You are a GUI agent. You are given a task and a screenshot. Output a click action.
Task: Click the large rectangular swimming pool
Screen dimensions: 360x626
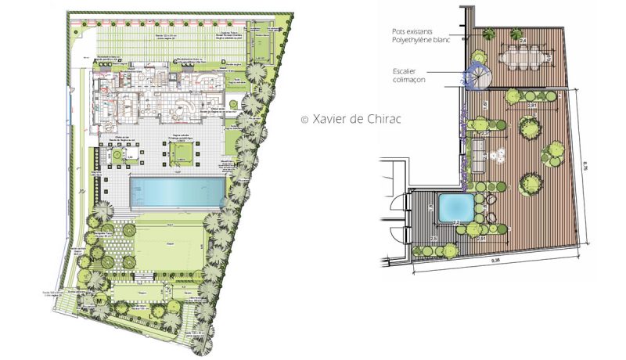(x=176, y=190)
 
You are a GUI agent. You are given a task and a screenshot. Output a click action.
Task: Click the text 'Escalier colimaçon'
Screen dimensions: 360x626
(x=411, y=74)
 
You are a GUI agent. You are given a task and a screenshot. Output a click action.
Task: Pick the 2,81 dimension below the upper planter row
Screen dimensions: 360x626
(x=531, y=104)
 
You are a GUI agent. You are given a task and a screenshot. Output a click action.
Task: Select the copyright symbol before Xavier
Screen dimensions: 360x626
(x=305, y=120)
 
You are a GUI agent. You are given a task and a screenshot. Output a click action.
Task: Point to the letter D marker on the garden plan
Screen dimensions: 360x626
(x=223, y=60)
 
